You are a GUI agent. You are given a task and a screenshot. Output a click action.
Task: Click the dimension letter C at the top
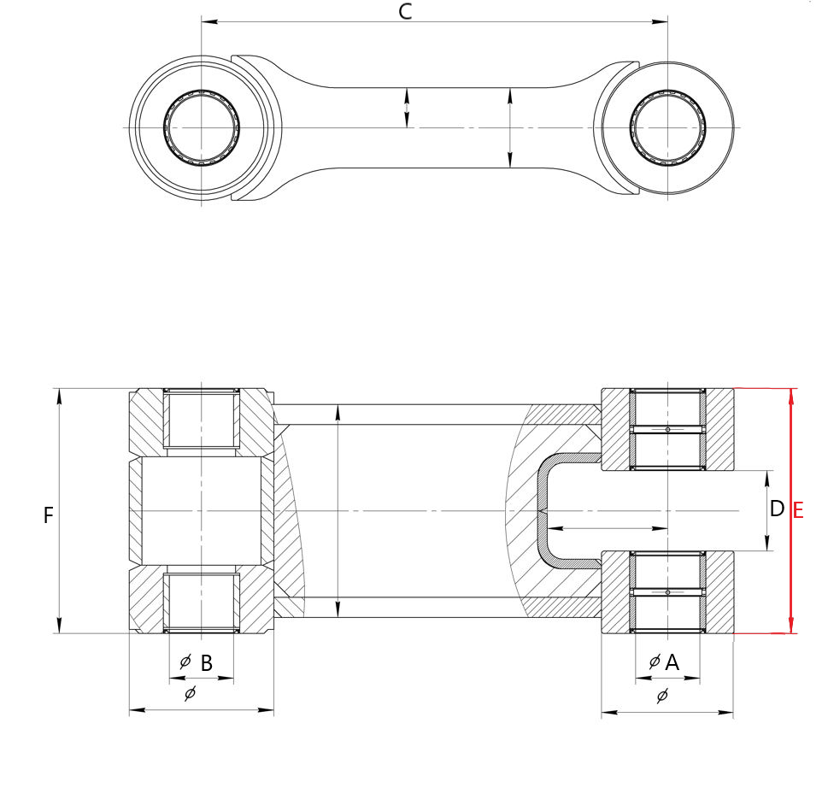405,12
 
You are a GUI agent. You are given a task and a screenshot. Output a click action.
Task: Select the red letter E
798,511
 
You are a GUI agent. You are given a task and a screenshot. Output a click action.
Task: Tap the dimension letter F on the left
48,515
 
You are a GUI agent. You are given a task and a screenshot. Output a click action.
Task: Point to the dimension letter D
777,509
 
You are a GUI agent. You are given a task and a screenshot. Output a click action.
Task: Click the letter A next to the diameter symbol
672,662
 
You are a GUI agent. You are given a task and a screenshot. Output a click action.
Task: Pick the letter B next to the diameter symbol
207,663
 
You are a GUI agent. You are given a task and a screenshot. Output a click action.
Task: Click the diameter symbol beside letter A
655,662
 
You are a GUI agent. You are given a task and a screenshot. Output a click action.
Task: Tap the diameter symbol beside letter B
185,662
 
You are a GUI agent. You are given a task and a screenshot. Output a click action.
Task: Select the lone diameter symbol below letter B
190,693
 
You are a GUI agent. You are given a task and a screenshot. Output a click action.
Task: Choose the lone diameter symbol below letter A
662,696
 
